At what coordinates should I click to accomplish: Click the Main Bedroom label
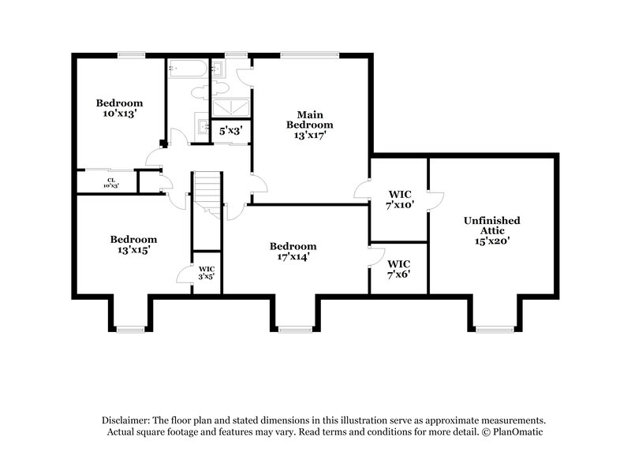(x=309, y=119)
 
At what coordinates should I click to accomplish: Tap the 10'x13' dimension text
(x=119, y=114)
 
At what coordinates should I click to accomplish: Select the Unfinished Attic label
(x=491, y=226)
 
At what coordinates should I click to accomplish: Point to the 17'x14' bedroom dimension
(x=292, y=256)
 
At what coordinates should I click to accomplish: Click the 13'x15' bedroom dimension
(x=133, y=249)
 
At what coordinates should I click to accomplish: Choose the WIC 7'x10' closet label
(x=398, y=200)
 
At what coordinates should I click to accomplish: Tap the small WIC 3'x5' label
(x=206, y=273)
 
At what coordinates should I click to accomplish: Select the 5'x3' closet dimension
(x=230, y=131)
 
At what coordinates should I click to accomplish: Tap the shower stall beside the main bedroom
(x=232, y=108)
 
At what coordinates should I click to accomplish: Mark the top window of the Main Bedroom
(x=309, y=55)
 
